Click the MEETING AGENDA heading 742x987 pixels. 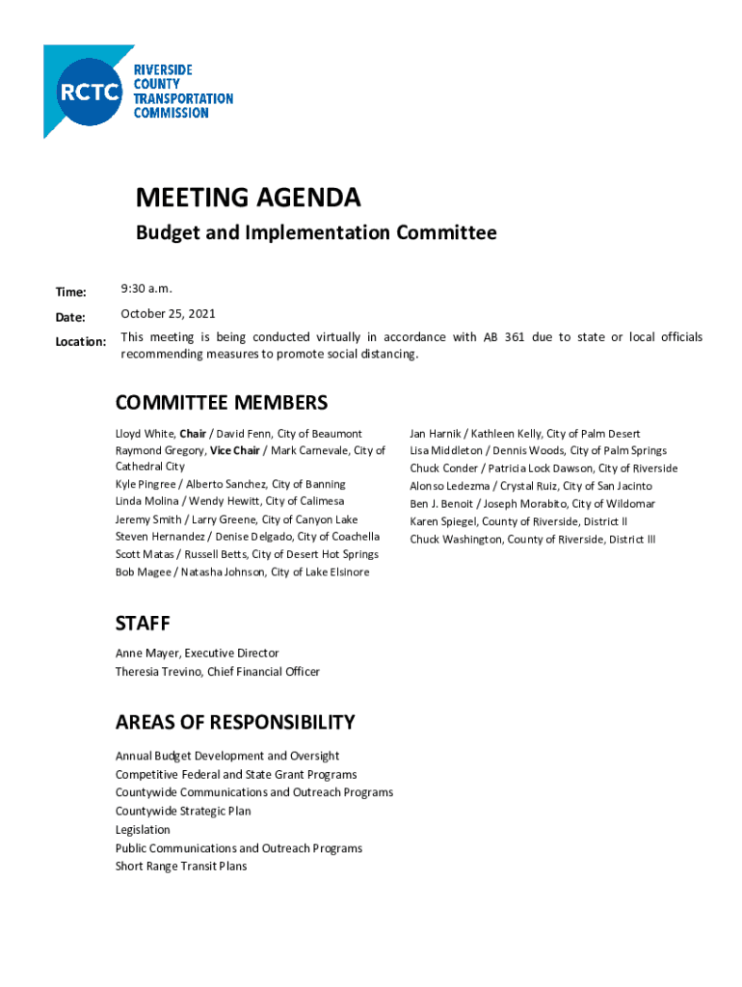248,199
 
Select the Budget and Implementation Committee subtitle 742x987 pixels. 315,233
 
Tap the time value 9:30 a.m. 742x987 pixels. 146,288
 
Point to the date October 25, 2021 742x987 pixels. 168,313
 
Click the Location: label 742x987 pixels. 80,341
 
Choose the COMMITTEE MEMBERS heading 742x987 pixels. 221,403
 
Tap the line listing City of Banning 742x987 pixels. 230,484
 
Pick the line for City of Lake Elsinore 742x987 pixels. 242,573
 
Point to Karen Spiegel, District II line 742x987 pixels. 517,521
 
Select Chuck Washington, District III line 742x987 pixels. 532,539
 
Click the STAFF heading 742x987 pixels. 143,624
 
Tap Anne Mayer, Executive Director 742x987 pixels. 197,654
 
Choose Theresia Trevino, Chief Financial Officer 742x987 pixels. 217,671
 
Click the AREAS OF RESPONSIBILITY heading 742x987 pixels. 235,723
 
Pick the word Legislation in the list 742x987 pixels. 143,830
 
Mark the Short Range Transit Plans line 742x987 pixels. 181,867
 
